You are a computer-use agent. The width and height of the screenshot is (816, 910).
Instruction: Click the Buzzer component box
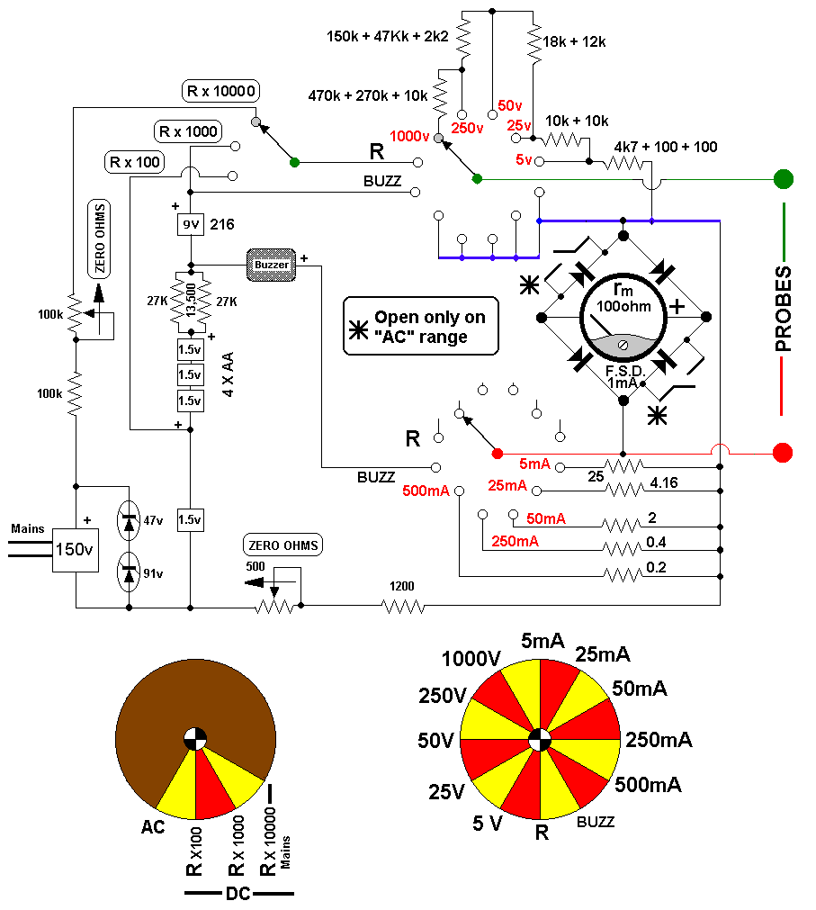[271, 265]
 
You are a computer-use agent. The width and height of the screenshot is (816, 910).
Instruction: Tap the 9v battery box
[190, 224]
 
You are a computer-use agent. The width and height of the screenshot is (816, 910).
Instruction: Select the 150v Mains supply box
[76, 550]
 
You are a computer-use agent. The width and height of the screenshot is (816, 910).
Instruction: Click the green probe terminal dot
[783, 179]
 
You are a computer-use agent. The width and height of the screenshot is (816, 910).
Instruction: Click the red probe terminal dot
[783, 452]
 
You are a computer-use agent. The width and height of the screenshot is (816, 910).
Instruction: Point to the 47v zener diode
[129, 520]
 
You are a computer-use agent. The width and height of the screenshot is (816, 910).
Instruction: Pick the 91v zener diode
[129, 572]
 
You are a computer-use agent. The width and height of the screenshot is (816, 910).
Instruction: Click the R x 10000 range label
[220, 91]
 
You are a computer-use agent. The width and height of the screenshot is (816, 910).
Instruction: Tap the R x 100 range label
[135, 162]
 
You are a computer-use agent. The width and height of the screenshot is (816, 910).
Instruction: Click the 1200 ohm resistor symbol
[403, 607]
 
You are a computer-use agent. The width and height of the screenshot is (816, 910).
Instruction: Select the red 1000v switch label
[409, 137]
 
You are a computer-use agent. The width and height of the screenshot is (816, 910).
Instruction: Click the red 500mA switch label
[426, 491]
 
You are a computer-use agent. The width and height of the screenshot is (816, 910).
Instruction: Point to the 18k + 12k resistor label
[574, 41]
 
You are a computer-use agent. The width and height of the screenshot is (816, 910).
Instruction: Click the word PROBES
[783, 309]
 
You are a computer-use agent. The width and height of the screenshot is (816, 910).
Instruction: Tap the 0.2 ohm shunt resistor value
[656, 567]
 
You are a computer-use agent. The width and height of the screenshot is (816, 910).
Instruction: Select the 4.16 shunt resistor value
[664, 482]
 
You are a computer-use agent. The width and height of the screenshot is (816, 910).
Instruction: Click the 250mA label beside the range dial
[659, 740]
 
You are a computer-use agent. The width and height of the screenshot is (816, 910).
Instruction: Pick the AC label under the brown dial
[153, 827]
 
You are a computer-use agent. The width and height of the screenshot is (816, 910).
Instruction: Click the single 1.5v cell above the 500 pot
[190, 520]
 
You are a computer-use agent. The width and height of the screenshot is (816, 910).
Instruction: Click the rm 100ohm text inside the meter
[623, 298]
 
